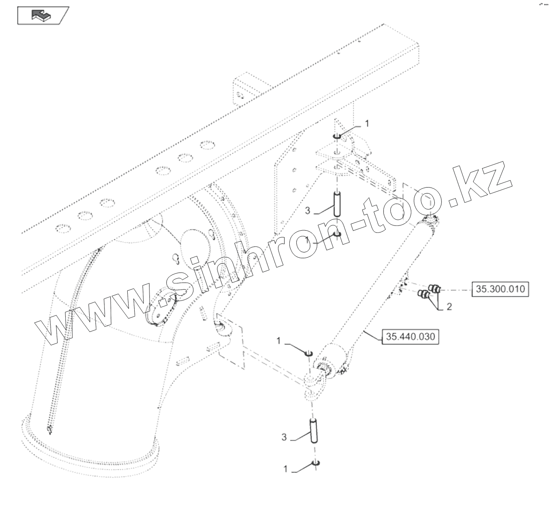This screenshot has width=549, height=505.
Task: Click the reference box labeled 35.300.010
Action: (x=500, y=289)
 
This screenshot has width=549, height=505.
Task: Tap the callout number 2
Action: (x=449, y=307)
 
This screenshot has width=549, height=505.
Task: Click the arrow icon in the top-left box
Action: (x=42, y=16)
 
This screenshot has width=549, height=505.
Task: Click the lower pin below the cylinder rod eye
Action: (x=313, y=431)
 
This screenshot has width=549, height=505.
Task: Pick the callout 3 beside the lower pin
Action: (x=284, y=437)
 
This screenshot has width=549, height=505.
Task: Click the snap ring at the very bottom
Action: (x=315, y=462)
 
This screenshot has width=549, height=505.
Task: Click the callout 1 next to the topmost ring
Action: (x=366, y=124)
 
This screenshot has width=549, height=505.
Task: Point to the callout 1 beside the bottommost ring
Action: (x=286, y=469)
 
